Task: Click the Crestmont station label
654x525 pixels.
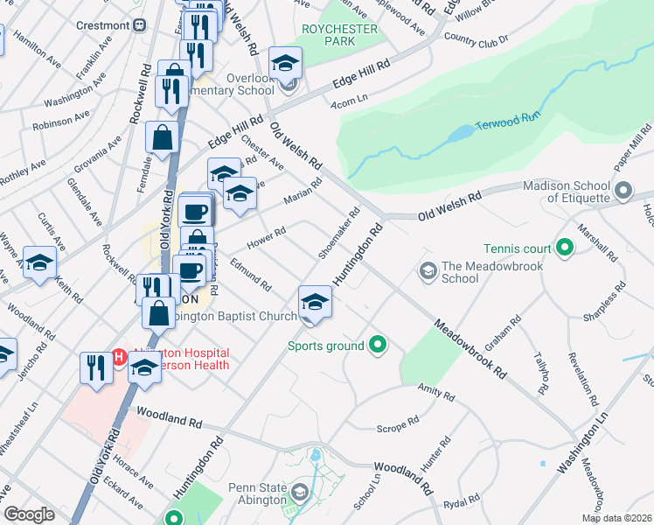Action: [x=102, y=25]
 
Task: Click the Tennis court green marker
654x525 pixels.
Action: [x=564, y=248]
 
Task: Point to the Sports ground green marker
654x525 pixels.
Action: [x=378, y=346]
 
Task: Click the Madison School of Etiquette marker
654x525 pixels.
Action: [x=623, y=190]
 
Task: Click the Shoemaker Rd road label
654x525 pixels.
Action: [x=339, y=233]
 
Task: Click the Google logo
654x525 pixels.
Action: [x=30, y=514]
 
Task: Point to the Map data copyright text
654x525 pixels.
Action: [x=616, y=518]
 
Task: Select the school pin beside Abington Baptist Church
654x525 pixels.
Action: [x=315, y=303]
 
